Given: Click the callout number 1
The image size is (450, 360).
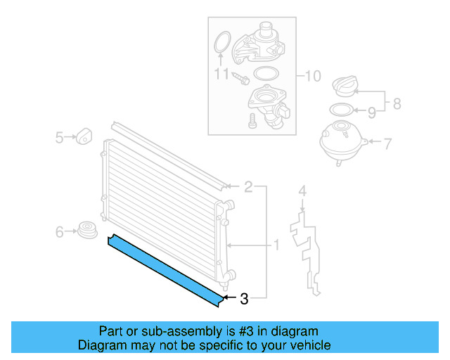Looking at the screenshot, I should tap(276, 245).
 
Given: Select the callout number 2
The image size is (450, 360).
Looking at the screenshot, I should tap(248, 187).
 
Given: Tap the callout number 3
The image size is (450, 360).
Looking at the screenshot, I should tap(244, 299).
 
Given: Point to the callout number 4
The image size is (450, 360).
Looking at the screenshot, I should tap(302, 191).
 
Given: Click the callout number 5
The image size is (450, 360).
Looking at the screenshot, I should tap(60, 137).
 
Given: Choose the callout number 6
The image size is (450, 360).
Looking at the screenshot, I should tap(60, 230).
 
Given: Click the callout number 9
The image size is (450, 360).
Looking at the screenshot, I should tap(372, 111).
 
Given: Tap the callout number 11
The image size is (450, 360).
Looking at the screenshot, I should tap(221, 72).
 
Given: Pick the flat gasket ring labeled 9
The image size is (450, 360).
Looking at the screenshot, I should tap(340, 110).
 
